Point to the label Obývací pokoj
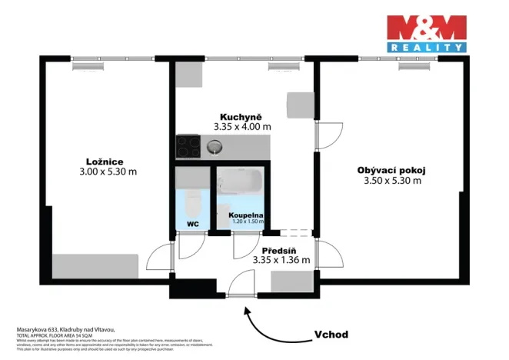point(391,170)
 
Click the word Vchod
point(331,335)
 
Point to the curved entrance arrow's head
point(247,309)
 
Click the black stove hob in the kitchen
point(187,145)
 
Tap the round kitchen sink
point(215,145)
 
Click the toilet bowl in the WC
point(192,204)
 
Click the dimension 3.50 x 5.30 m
point(392,181)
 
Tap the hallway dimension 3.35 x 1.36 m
point(281,260)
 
